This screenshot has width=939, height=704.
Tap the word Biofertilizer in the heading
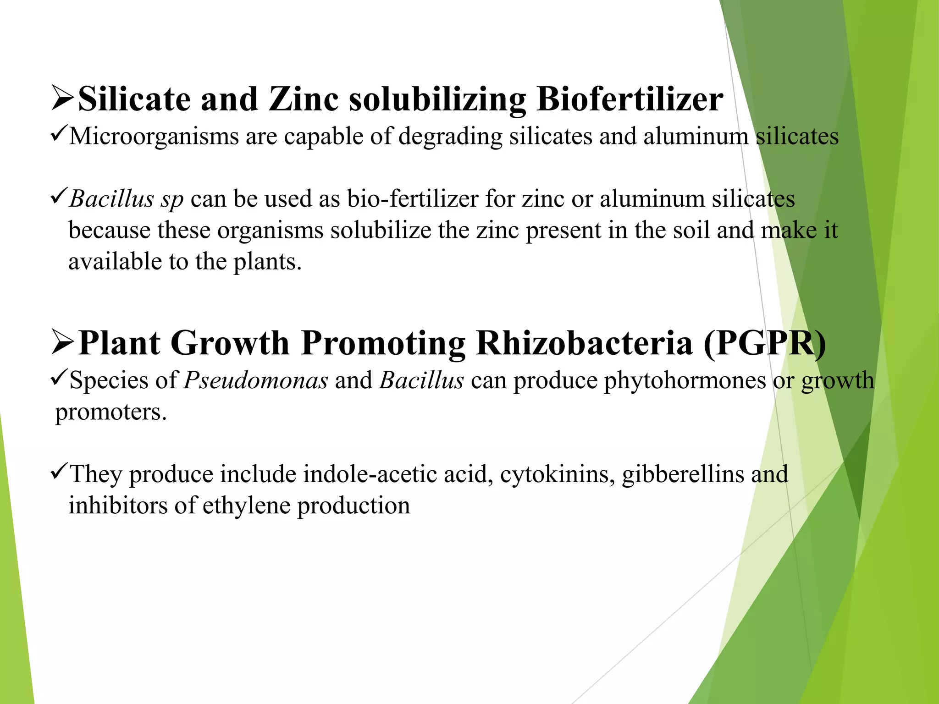pyautogui.click(x=630, y=99)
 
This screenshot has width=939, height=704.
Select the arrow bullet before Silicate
pyautogui.click(x=62, y=98)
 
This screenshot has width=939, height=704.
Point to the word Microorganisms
pyautogui.click(x=154, y=137)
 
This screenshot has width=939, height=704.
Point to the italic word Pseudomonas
pyautogui.click(x=256, y=380)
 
